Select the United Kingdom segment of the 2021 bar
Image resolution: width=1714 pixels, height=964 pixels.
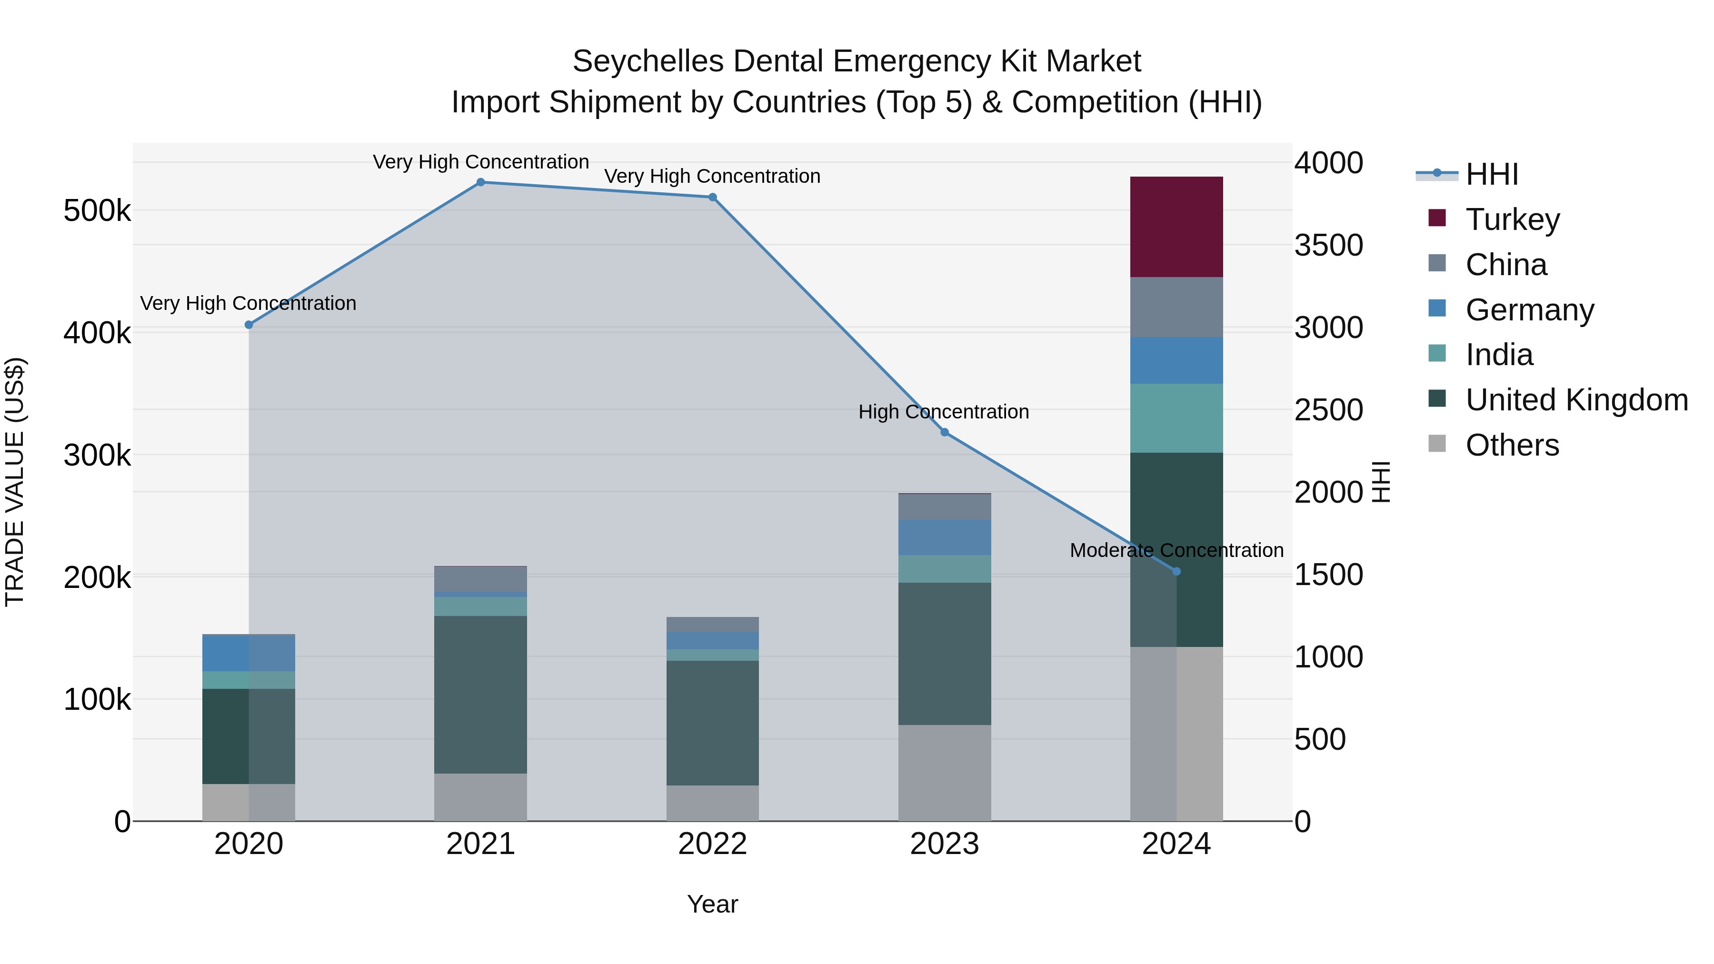480,695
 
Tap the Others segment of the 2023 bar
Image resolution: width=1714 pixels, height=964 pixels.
944,773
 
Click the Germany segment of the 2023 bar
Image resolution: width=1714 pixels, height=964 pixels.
944,537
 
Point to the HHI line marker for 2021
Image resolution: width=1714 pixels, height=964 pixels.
480,182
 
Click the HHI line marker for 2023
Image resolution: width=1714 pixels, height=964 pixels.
944,432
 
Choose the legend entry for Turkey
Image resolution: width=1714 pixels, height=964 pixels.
1512,219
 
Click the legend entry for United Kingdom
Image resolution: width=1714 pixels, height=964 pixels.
1575,400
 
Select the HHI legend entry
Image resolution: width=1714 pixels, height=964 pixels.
1490,174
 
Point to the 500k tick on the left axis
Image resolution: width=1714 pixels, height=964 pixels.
97,211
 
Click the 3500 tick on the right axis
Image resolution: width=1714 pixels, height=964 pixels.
1328,246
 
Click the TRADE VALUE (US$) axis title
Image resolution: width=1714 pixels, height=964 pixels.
15,482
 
